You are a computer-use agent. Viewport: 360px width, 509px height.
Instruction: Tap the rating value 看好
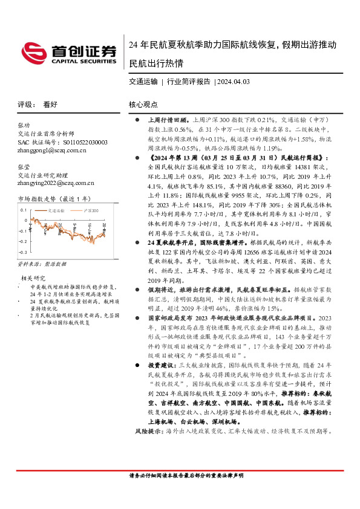click(50, 104)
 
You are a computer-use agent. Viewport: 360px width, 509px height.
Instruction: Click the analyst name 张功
click(24, 125)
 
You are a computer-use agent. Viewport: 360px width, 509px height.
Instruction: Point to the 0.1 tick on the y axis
click(24, 210)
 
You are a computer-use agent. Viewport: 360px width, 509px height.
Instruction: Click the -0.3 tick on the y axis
click(23, 251)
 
